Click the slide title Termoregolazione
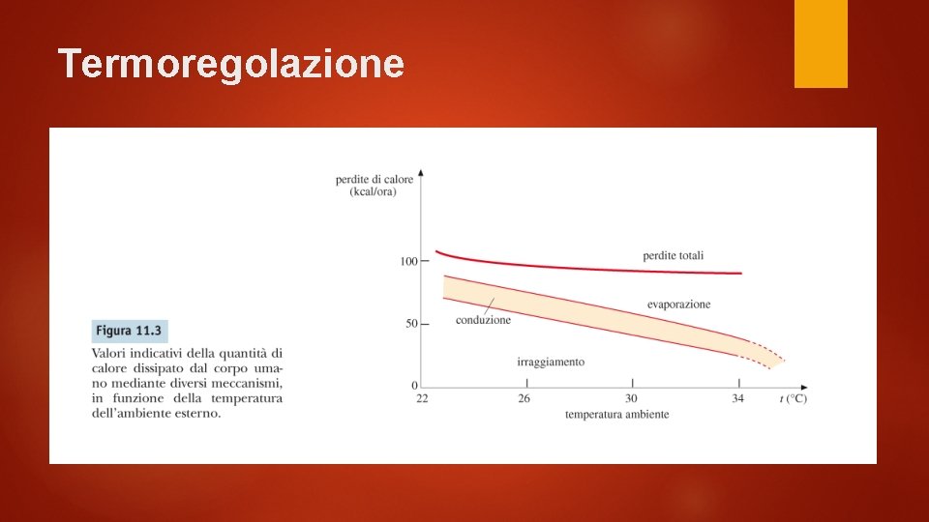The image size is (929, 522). (230, 64)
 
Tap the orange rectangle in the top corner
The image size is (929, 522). (821, 43)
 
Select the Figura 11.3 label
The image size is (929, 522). (129, 331)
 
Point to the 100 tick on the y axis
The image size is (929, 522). (407, 261)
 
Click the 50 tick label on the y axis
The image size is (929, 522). (410, 324)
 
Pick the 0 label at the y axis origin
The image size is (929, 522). (414, 386)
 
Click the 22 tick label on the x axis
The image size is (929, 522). (422, 398)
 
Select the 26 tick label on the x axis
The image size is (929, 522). (524, 398)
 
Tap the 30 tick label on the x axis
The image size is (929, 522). (631, 398)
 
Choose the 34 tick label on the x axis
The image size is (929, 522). (738, 398)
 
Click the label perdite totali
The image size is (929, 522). (673, 256)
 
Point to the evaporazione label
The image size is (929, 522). (678, 304)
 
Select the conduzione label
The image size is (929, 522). (483, 320)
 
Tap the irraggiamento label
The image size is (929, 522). (551, 362)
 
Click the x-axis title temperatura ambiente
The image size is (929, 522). (616, 415)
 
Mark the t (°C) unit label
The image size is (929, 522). (794, 398)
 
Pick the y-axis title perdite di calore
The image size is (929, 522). (374, 179)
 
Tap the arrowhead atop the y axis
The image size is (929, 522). (421, 173)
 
